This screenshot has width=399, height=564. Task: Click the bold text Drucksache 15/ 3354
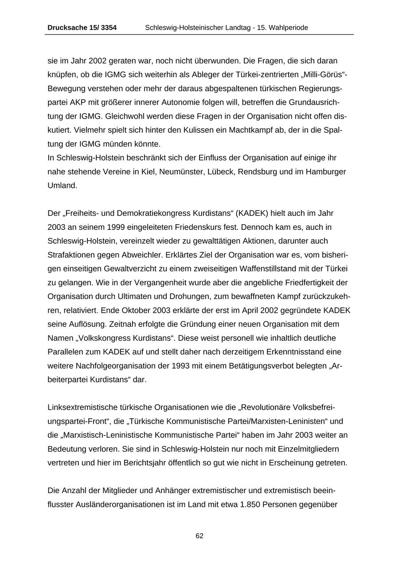(82, 27)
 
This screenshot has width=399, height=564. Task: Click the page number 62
(199, 536)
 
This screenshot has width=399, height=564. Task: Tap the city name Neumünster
(181, 171)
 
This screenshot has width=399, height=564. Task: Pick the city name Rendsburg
(258, 171)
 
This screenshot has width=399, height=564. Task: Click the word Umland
(63, 186)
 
